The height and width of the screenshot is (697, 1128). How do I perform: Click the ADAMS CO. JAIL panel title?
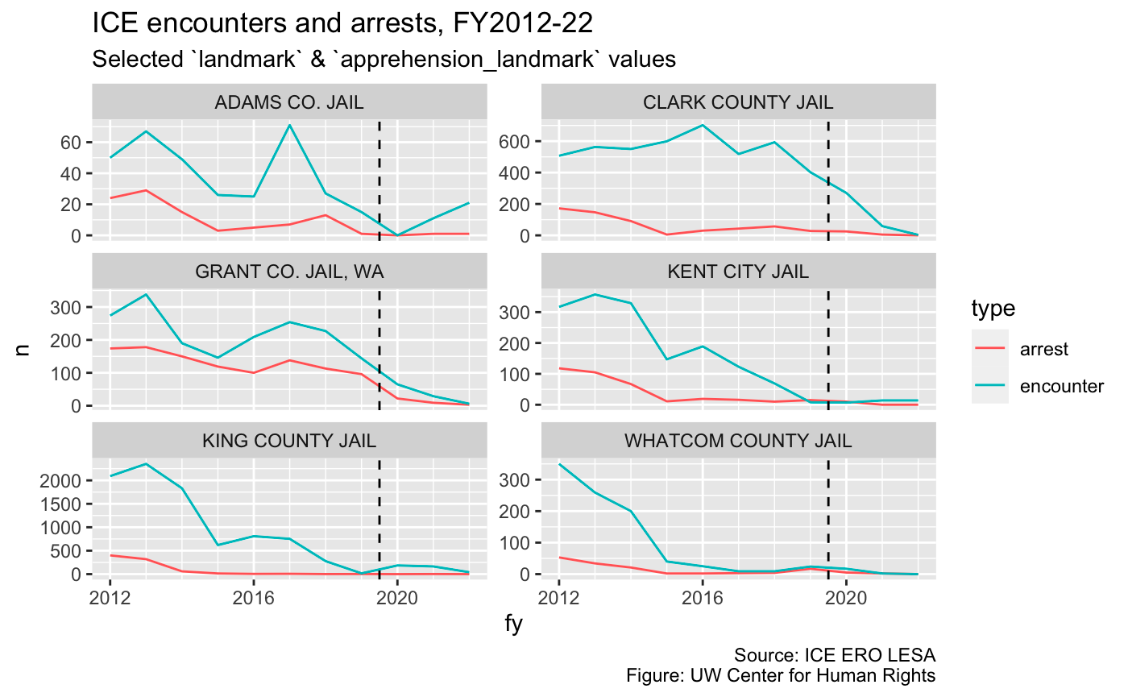tap(289, 102)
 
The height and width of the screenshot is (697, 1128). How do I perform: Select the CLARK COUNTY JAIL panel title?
tap(738, 102)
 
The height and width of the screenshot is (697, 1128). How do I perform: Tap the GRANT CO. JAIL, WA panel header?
tap(289, 272)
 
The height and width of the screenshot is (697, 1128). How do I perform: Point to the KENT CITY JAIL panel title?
tap(738, 272)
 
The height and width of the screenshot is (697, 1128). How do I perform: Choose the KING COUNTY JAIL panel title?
tap(289, 441)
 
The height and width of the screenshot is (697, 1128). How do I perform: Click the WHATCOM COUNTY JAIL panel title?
tap(738, 441)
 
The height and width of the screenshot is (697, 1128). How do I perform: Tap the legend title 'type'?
tap(993, 308)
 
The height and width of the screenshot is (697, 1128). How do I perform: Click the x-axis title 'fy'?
tap(514, 624)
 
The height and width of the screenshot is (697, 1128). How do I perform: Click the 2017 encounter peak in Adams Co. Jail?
tap(289, 125)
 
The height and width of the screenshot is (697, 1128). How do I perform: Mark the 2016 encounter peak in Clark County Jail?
tap(703, 125)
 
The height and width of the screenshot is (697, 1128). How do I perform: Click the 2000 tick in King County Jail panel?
tap(60, 481)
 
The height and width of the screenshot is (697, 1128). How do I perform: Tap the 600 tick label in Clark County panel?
tap(514, 142)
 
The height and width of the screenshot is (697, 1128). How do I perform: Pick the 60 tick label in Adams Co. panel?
tap(71, 143)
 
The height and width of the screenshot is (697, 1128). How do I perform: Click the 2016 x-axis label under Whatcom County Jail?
tap(703, 598)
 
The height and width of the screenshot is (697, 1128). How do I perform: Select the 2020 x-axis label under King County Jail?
tap(397, 598)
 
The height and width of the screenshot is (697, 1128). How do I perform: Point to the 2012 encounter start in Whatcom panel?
tap(559, 464)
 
